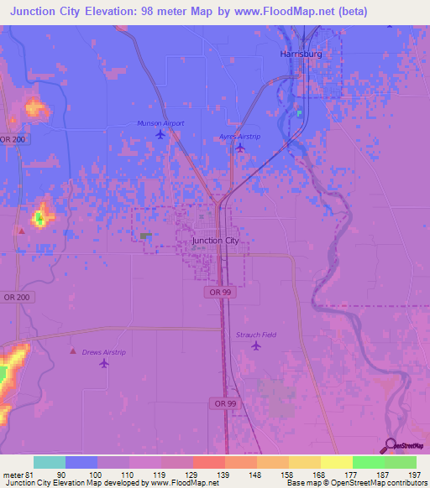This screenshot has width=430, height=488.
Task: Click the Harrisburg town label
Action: pyautogui.click(x=300, y=54)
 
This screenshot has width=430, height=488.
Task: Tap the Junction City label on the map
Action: pyautogui.click(x=216, y=241)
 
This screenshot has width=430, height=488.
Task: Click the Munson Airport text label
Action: pyautogui.click(x=160, y=123)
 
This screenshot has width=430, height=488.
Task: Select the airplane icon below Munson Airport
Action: pyautogui.click(x=160, y=134)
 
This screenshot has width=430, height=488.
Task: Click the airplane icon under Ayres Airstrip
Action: pyautogui.click(x=240, y=148)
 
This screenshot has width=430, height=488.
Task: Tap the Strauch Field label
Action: pyautogui.click(x=255, y=335)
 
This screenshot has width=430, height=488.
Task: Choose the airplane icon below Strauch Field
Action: pyautogui.click(x=256, y=346)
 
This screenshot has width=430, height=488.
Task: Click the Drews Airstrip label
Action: pyautogui.click(x=103, y=352)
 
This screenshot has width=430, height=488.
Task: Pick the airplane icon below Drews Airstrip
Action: pyautogui.click(x=104, y=363)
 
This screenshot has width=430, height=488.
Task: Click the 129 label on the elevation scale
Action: pyautogui.click(x=192, y=475)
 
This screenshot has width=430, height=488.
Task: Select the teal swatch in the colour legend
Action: pyautogui.click(x=50, y=462)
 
